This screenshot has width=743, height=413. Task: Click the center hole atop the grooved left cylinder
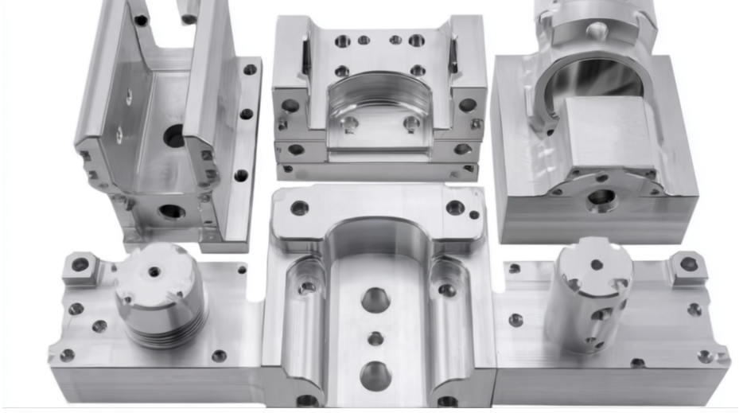(x=154, y=271)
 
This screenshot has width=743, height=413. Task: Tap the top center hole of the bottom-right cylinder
(x=596, y=264)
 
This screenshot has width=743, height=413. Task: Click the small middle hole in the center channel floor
(x=375, y=338)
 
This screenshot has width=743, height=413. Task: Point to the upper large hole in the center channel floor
(x=375, y=300)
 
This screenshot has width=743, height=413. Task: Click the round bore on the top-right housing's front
(x=601, y=197)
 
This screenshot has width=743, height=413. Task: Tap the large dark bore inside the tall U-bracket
(x=174, y=137)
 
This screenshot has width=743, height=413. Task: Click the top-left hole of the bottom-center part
(x=300, y=208)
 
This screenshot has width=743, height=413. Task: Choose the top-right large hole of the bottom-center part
(x=455, y=208)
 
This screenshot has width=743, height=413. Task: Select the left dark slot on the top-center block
(x=305, y=57)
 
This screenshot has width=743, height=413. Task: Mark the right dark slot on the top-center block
(x=453, y=58)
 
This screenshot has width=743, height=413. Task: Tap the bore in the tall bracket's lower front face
(x=171, y=212)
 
